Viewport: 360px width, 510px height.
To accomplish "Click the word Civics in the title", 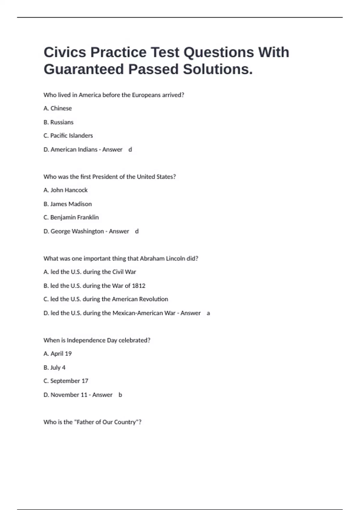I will point(65,52).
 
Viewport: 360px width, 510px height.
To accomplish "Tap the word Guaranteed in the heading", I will point(84,69).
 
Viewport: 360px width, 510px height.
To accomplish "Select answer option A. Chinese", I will point(58,108).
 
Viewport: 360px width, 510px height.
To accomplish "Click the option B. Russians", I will point(58,122).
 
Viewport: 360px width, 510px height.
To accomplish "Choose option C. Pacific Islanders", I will point(68,136).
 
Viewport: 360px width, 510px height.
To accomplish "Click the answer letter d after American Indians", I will point(130,149).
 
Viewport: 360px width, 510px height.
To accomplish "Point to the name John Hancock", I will point(69,190).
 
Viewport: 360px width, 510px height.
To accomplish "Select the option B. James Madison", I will point(67,204).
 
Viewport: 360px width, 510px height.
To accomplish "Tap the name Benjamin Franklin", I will point(74,217).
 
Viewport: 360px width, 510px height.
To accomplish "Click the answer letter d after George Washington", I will point(137,231).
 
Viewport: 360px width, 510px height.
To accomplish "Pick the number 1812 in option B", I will point(139,286).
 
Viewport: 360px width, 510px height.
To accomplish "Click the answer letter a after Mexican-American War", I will point(208,313).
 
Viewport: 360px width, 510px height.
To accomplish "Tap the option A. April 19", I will point(58,354).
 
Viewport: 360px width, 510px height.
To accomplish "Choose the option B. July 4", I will point(54,367).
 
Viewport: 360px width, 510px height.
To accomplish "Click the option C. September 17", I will point(66,381).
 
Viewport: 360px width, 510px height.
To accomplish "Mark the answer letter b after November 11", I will point(120,395).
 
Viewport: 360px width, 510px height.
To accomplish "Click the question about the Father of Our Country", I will point(92,422).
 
